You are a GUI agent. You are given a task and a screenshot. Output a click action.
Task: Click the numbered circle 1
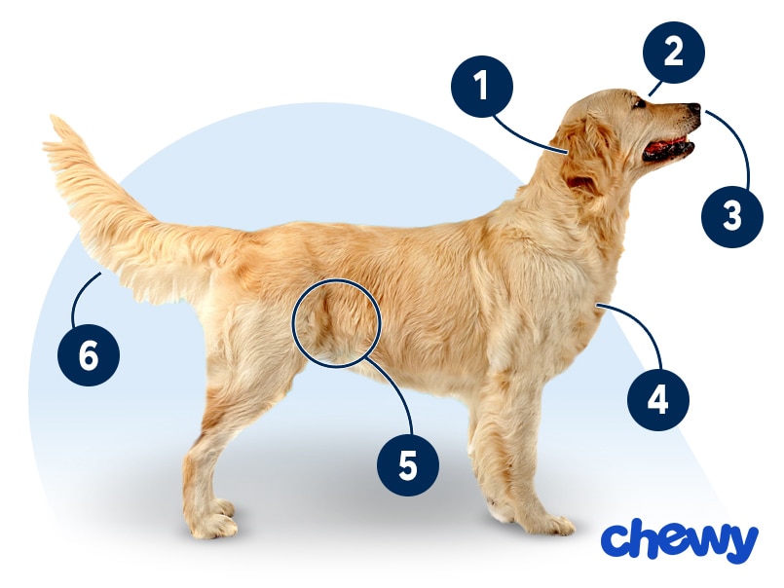click(x=481, y=87)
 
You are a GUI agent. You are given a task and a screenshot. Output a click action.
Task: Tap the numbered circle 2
click(x=674, y=53)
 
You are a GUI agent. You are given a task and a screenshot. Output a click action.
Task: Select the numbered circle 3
click(x=732, y=216)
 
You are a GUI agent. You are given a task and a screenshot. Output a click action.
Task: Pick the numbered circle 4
click(x=658, y=399)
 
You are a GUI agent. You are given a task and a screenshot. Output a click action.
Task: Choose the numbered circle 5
click(x=408, y=465)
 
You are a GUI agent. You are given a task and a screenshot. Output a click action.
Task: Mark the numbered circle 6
click(x=89, y=355)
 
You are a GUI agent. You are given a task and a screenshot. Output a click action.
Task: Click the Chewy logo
click(x=680, y=542)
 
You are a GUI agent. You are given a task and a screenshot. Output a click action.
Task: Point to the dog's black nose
click(x=694, y=108)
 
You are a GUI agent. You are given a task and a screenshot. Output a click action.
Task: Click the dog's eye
click(x=639, y=103)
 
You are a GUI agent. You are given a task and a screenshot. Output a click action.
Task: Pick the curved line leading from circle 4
click(x=645, y=325)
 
